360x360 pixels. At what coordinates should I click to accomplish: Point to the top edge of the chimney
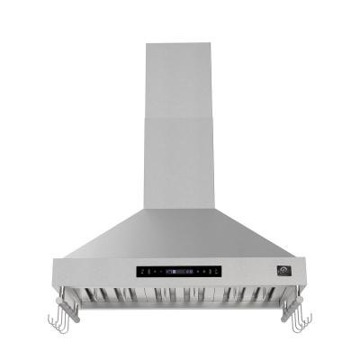pos(180,40)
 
